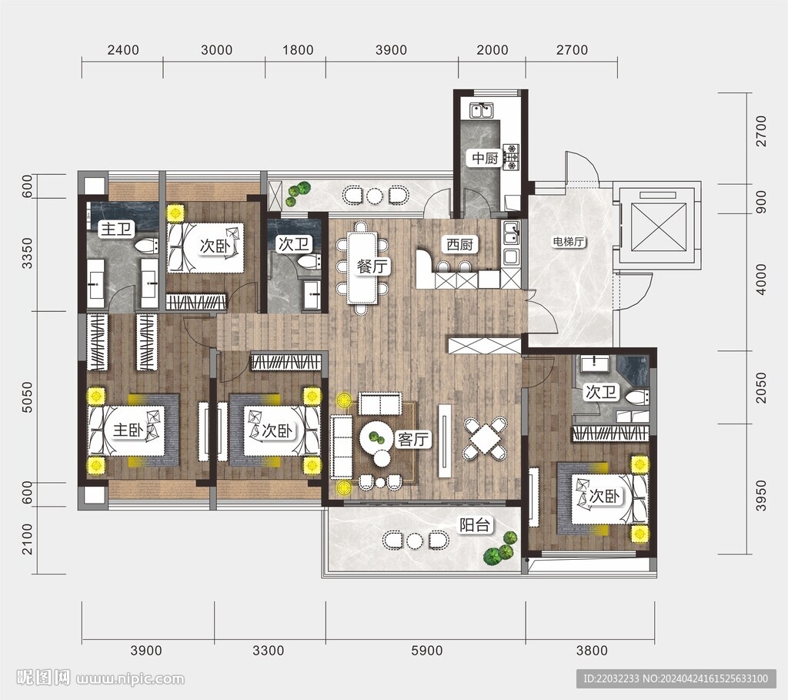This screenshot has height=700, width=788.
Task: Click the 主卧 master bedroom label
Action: point(129,430)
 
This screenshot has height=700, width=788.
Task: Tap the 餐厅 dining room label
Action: point(373,266)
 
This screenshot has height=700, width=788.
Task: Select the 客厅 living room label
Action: point(413,440)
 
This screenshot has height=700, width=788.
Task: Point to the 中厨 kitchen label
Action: point(485,159)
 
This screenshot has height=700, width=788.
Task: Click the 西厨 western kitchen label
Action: point(460,245)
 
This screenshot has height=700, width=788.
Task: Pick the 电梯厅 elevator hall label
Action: point(569,242)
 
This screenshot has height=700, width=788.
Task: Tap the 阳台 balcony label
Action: point(475,525)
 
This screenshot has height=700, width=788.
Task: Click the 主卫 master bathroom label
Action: point(117,229)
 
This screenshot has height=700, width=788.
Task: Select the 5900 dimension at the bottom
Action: point(426,651)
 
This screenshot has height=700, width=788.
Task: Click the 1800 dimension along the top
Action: point(298,50)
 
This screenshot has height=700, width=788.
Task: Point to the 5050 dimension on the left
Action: point(27,397)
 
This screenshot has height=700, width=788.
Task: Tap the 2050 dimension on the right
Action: point(761,387)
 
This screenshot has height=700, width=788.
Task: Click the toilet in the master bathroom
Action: point(146,246)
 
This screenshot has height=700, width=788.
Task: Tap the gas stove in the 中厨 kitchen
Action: point(512,156)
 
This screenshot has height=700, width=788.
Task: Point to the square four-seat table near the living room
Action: point(485,438)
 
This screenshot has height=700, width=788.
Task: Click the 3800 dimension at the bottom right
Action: point(592,651)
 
